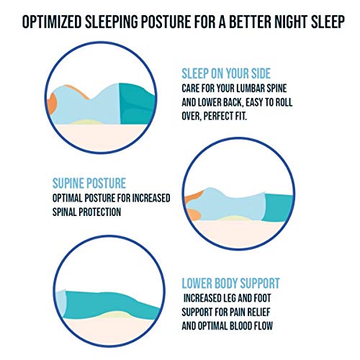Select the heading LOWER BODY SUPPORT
tap(231, 283)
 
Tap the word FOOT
tap(276, 297)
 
